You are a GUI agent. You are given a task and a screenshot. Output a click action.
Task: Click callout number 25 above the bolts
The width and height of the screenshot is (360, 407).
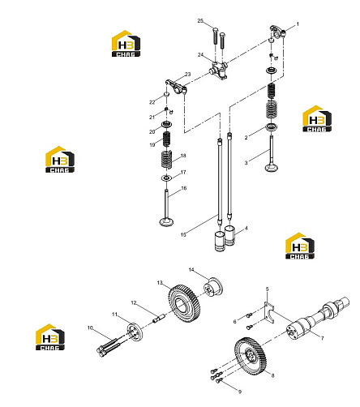click(200, 21)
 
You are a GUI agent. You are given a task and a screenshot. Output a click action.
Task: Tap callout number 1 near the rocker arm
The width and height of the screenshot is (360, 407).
click(298, 24)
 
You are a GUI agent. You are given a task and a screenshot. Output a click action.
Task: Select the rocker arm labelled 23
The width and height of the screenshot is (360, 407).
click(176, 86)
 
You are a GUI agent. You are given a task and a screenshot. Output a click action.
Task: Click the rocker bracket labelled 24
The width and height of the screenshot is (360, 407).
click(218, 71)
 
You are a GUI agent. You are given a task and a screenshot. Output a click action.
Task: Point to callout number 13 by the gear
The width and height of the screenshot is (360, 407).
click(160, 283)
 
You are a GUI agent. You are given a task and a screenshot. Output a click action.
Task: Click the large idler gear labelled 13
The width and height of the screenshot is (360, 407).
click(185, 303)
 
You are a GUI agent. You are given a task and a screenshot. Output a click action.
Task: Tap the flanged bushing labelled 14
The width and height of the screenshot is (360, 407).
click(213, 286)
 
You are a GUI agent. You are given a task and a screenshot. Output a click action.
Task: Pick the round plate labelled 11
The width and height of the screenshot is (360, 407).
click(135, 332)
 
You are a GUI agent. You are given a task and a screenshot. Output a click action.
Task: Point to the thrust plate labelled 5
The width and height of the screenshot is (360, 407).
click(269, 313)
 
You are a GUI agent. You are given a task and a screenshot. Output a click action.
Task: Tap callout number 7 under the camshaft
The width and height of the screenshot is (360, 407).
click(322, 338)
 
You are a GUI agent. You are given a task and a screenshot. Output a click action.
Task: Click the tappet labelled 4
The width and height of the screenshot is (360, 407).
click(229, 236)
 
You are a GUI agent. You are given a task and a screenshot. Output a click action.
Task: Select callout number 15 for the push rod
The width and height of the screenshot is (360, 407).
click(183, 234)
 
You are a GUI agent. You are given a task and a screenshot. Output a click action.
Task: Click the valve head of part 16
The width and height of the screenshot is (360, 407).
click(166, 222)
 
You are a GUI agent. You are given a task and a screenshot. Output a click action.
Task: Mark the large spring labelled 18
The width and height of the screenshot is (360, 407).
click(166, 160)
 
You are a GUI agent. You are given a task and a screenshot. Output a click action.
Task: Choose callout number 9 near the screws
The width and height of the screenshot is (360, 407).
click(240, 392)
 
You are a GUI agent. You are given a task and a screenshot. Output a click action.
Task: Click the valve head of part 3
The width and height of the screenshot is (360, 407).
click(272, 168)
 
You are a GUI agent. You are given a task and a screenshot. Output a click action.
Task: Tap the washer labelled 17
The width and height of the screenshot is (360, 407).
click(166, 178)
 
